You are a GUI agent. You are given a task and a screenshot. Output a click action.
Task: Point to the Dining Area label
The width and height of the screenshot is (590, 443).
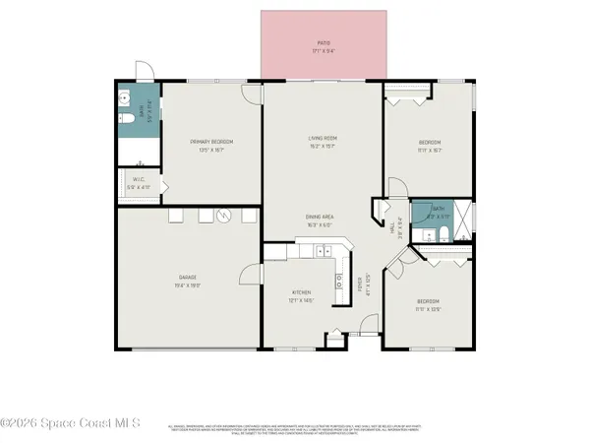point(324,218)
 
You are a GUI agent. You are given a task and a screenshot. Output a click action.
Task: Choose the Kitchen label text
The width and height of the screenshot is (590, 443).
point(301,293)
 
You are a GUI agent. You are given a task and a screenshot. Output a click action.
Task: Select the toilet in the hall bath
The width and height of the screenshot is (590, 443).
point(444,234)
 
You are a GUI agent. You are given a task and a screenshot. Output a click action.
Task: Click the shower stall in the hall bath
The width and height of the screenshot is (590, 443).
point(465,215)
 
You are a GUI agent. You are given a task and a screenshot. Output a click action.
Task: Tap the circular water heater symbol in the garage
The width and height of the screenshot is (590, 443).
point(223,216)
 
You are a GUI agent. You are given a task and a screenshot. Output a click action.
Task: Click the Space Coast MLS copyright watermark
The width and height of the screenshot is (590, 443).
point(70,423)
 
